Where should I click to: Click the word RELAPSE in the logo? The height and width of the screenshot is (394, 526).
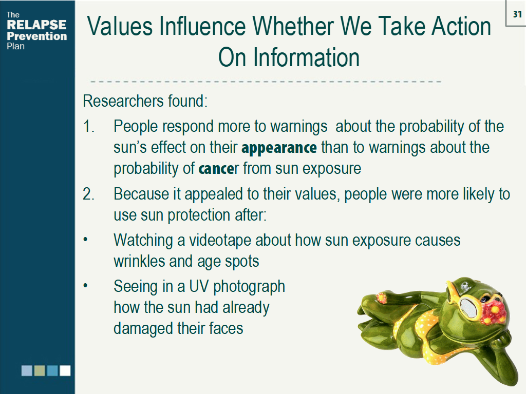[36, 25]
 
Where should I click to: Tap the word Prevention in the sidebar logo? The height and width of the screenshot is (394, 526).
[36, 36]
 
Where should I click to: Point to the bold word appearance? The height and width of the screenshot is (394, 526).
[279, 148]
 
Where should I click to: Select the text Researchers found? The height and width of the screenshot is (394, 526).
[145, 101]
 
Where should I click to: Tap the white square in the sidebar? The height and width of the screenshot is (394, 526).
[65, 370]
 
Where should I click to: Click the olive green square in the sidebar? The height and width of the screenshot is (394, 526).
[40, 370]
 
